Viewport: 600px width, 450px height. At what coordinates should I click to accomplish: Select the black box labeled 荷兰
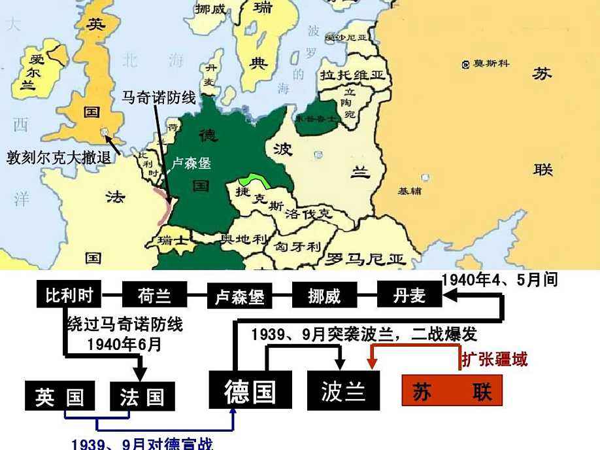click(x=154, y=296)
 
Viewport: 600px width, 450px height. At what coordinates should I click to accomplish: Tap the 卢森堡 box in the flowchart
click(x=239, y=296)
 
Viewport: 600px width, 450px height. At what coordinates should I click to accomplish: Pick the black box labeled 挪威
click(x=324, y=296)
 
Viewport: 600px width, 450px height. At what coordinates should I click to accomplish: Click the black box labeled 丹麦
click(x=409, y=296)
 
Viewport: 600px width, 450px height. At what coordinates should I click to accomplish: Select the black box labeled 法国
click(x=142, y=396)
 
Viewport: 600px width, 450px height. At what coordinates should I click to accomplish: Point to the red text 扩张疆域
click(x=495, y=359)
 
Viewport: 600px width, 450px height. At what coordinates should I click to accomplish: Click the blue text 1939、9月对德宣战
click(x=142, y=444)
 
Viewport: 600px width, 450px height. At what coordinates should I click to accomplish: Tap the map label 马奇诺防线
click(x=159, y=98)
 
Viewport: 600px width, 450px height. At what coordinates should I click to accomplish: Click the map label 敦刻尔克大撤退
click(x=59, y=158)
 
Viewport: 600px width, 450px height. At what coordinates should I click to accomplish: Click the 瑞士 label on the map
click(x=173, y=241)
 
